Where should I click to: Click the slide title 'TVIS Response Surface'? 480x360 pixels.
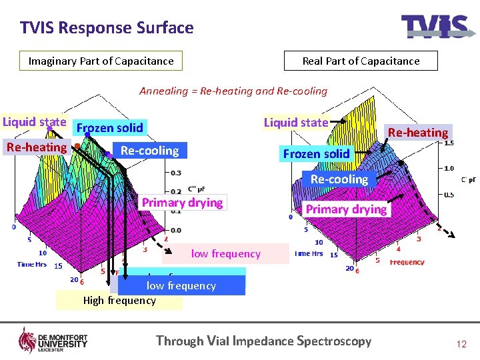(x=107, y=28)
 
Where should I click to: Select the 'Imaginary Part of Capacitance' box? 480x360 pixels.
(x=101, y=61)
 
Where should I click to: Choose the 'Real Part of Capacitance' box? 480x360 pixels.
(x=361, y=61)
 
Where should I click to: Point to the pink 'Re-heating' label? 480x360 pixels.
(x=37, y=147)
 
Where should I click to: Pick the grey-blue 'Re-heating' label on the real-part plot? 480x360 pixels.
(x=418, y=133)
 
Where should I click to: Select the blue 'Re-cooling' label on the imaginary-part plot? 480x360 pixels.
(x=150, y=151)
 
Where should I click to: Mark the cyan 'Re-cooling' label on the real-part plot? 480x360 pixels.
(x=339, y=179)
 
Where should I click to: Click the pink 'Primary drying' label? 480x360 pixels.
(x=183, y=203)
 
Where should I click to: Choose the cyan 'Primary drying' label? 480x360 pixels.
(x=346, y=209)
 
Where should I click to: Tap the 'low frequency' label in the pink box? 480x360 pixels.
(x=226, y=254)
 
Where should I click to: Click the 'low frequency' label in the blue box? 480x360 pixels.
(x=181, y=286)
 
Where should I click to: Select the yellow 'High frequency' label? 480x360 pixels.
(x=119, y=301)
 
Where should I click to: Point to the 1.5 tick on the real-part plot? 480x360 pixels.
(x=449, y=143)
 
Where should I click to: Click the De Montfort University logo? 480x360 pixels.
(x=53, y=340)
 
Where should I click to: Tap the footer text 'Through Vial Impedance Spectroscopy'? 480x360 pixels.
(x=263, y=341)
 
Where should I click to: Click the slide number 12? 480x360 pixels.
(x=461, y=344)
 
